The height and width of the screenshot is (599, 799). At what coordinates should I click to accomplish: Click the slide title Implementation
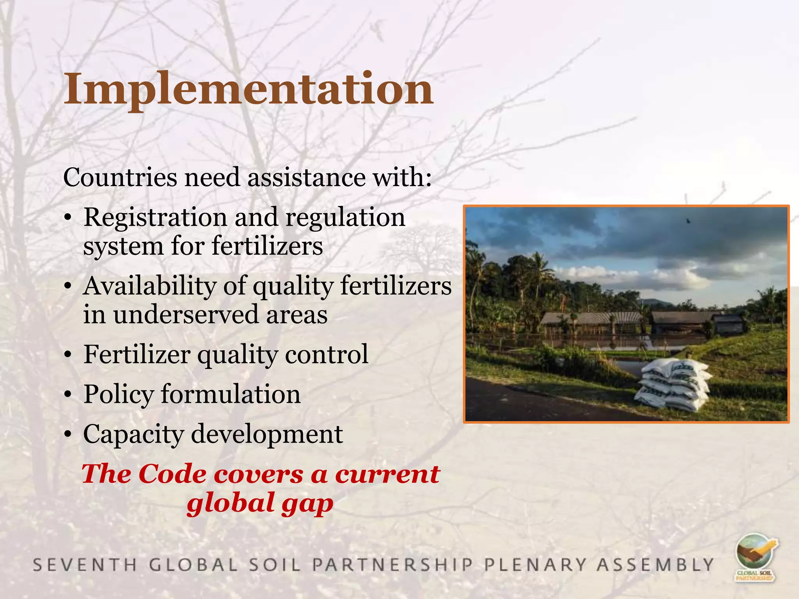point(249,89)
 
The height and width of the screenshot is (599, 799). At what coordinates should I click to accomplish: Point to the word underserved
point(186,315)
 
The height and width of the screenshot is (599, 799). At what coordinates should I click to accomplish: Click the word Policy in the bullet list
point(119,394)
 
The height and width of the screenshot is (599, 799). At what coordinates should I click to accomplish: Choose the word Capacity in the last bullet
point(133,434)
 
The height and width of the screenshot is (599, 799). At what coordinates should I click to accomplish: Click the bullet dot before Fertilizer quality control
point(68,355)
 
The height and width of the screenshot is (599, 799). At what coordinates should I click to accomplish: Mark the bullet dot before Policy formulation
point(68,395)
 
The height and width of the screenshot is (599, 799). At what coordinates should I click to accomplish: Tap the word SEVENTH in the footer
point(85,565)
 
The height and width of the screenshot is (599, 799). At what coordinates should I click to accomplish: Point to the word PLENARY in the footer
point(535,565)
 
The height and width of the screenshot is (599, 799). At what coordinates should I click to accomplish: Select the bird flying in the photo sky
point(689,221)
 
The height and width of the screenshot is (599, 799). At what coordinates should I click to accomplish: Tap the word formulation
point(231,394)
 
